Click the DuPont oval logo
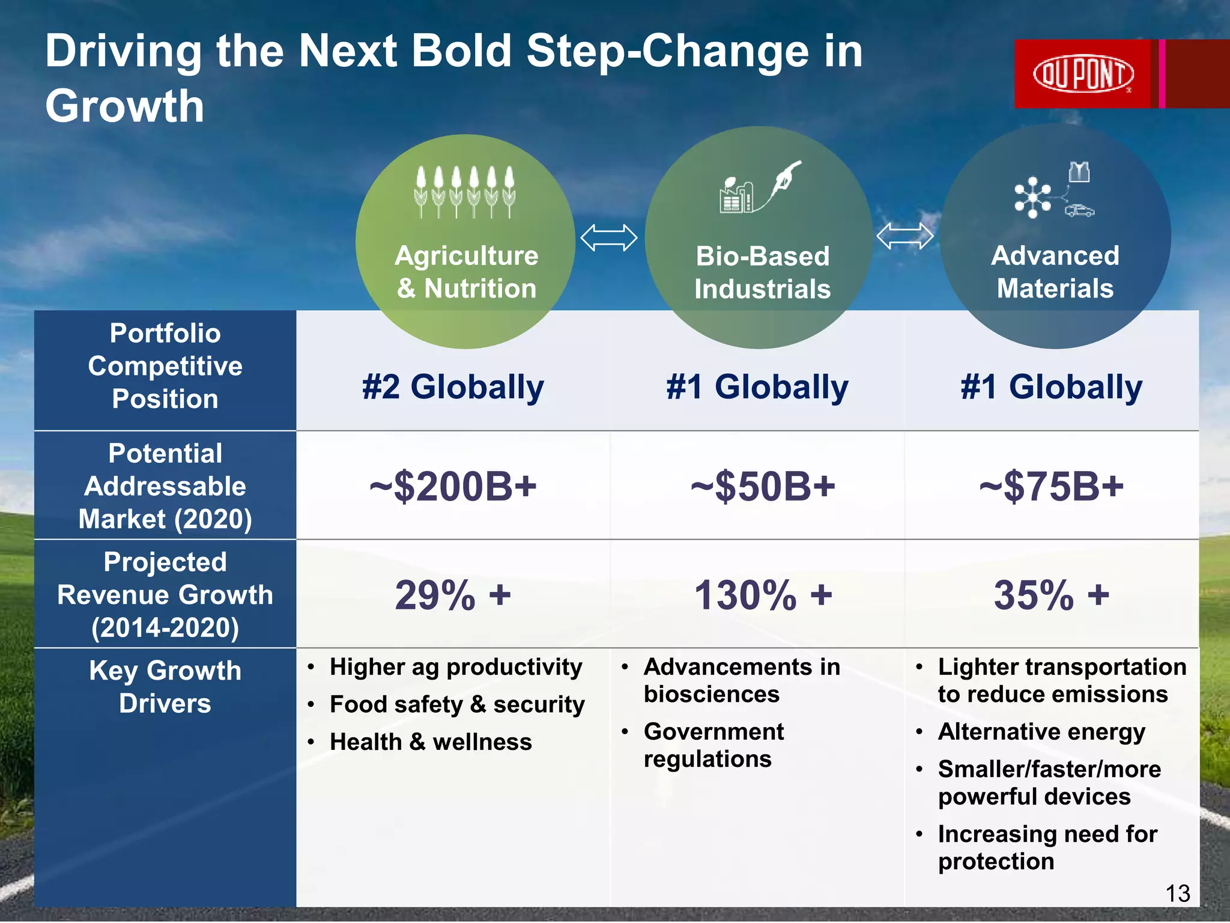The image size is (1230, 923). (1083, 75)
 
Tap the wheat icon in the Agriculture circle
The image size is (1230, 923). (465, 191)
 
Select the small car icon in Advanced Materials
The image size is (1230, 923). (1079, 210)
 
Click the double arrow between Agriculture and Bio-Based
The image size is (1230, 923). (608, 238)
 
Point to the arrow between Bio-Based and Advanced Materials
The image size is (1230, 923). (904, 236)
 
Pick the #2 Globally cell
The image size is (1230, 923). (453, 386)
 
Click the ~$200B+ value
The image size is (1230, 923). (453, 486)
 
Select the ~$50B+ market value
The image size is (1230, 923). (762, 486)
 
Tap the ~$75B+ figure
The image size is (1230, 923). (1051, 486)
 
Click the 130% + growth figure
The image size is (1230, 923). (763, 596)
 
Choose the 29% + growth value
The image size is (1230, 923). (453, 596)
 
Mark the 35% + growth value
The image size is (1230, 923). (1051, 596)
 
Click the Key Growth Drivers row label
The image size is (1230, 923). (165, 687)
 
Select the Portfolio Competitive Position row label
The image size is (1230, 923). (165, 366)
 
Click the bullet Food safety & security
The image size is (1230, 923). (457, 704)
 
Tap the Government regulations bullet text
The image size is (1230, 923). (713, 745)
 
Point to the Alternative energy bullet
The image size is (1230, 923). (1041, 732)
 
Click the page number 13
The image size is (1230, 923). (1177, 894)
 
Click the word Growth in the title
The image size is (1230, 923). (125, 106)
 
